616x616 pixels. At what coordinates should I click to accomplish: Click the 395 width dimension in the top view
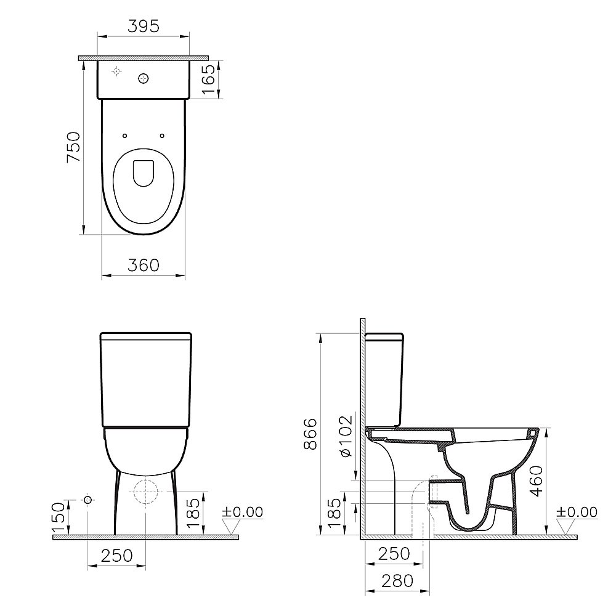(x=144, y=26)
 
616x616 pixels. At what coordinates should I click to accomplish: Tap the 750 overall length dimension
(x=73, y=147)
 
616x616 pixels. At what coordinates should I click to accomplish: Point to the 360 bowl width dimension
(x=143, y=265)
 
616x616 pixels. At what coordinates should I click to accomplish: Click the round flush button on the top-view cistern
(x=144, y=78)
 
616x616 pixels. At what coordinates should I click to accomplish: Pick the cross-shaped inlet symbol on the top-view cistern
(x=116, y=73)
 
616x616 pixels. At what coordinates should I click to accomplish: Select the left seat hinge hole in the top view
(x=124, y=136)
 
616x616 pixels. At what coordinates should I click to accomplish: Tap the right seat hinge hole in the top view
(x=162, y=136)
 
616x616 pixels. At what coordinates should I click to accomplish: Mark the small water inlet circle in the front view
(x=87, y=499)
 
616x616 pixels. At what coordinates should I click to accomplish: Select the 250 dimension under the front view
(x=116, y=555)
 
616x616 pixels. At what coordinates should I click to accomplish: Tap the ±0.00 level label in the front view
(x=242, y=513)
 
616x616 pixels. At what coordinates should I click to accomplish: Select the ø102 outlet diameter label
(x=346, y=436)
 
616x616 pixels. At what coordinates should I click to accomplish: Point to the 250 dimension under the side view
(x=394, y=554)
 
